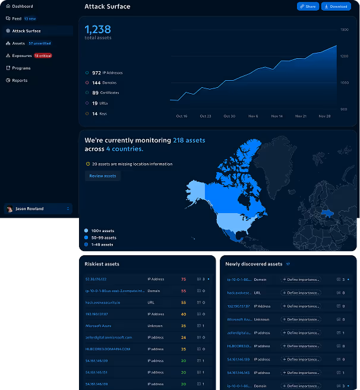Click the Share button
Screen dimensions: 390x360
tap(308, 7)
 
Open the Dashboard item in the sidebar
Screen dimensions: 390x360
tap(23, 6)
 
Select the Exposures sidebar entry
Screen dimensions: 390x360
tap(22, 55)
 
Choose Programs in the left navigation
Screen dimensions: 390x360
tap(21, 68)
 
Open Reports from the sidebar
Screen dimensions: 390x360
tap(20, 80)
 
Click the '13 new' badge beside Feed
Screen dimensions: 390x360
tap(30, 18)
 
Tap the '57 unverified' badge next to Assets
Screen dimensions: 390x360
tap(40, 43)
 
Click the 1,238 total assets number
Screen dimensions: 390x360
tap(98, 30)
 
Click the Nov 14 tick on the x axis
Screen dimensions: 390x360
tap(277, 116)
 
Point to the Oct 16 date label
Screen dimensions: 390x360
tap(182, 116)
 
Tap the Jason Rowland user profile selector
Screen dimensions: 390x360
tap(38, 209)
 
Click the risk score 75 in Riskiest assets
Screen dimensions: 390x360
tap(184, 279)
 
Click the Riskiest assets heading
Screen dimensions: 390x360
tap(102, 264)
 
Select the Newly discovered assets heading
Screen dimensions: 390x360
tap(254, 264)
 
